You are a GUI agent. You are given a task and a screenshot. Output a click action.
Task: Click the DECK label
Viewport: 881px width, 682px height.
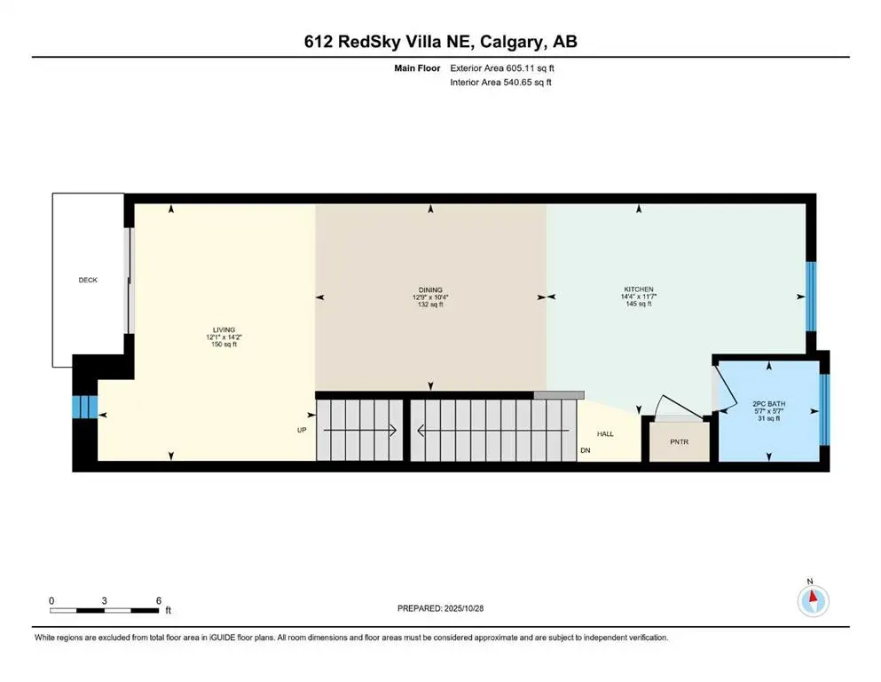[88, 280]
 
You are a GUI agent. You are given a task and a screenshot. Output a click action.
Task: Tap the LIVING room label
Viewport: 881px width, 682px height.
[211, 329]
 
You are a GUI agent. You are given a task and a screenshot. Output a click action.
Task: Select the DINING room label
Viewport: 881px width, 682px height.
[430, 289]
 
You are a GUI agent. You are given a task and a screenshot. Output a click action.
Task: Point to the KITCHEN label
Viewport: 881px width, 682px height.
[638, 289]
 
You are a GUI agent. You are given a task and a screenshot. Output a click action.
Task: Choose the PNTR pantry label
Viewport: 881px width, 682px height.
[680, 441]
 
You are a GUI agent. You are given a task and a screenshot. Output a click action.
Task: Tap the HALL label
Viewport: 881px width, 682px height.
[605, 434]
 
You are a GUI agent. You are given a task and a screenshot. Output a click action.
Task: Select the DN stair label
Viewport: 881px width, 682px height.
[585, 450]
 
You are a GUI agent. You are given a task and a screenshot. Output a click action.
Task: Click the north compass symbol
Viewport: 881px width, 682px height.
[813, 600]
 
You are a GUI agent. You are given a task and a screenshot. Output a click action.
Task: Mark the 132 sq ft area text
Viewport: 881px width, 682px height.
[430, 305]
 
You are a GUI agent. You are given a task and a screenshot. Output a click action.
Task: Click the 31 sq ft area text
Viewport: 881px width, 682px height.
[768, 418]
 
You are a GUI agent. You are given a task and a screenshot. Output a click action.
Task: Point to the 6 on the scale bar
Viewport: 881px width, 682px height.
[158, 600]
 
